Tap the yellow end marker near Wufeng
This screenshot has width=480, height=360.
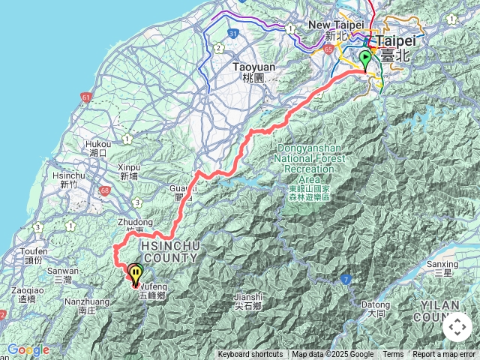coord(136,274)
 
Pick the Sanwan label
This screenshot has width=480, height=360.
coord(63,275)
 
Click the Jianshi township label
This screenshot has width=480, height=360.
coord(248,301)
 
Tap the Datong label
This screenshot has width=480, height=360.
coord(375,309)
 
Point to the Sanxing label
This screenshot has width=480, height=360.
coord(442,268)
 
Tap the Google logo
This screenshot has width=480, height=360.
coord(28,349)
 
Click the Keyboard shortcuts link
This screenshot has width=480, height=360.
coord(250,355)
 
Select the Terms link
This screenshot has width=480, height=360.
coord(393,355)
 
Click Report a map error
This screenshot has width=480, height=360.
coord(444,355)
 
